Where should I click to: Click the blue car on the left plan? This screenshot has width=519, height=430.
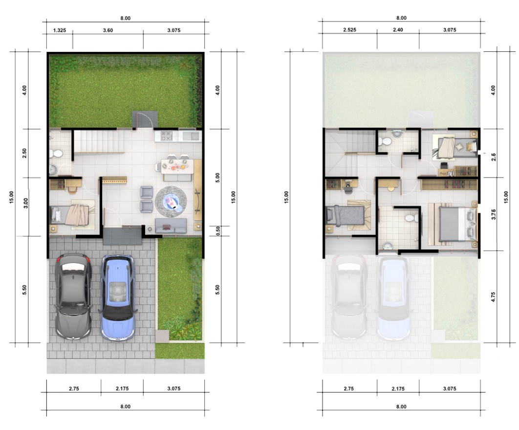[117, 297]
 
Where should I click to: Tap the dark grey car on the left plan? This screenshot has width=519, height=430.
[73, 296]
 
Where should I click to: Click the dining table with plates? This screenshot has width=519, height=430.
[177, 166]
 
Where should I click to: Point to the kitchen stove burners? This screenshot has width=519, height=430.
[167, 136]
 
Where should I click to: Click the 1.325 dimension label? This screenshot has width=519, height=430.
[60, 30]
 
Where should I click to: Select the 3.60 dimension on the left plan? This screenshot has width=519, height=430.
[108, 30]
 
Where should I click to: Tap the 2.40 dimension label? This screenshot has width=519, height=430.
[398, 30]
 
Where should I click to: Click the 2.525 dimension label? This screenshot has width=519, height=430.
[349, 30]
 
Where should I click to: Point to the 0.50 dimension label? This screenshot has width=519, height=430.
[218, 231]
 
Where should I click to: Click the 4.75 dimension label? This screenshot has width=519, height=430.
[493, 297]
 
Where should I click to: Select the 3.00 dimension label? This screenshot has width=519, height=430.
[26, 203]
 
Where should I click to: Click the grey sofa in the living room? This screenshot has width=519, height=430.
[171, 226]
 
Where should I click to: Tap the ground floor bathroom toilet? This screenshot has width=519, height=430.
[56, 154]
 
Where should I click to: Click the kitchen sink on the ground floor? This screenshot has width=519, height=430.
[193, 136]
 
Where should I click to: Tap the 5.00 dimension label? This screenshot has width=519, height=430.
[218, 178]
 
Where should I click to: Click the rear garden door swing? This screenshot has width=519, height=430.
[145, 120]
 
